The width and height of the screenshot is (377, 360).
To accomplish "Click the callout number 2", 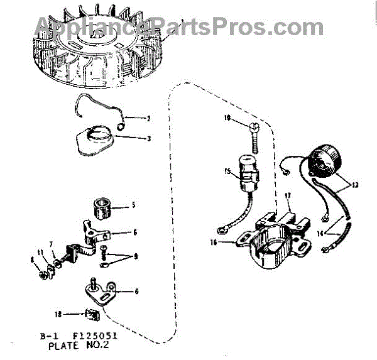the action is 149,117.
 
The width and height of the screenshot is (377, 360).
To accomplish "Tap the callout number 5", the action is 133,204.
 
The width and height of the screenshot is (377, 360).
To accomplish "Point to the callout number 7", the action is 52,243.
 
